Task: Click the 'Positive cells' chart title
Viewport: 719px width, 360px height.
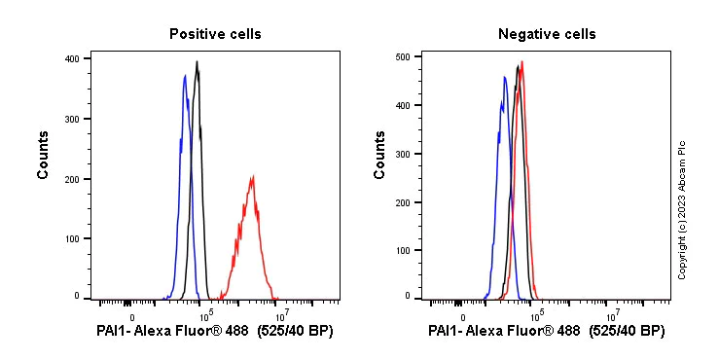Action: pos(215,34)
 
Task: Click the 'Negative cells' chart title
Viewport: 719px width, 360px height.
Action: pos(547,34)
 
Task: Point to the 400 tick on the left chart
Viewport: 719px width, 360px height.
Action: pos(72,58)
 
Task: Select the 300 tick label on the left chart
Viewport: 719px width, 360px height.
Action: pos(72,119)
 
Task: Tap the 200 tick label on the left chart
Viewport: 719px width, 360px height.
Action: pos(72,179)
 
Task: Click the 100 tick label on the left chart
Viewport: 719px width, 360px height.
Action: pos(72,238)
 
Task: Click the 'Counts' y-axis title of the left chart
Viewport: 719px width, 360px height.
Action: pos(44,154)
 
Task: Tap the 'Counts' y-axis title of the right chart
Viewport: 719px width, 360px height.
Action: pos(380,154)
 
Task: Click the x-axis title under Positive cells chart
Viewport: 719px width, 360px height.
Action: pos(215,332)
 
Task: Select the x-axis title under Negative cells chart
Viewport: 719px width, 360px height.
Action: pos(547,332)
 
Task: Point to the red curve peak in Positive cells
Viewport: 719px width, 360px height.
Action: pos(253,177)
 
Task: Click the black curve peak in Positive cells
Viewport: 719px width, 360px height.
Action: pos(197,62)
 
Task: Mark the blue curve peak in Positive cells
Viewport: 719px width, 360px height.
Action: pos(185,75)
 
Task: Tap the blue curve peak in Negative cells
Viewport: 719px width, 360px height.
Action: pos(505,77)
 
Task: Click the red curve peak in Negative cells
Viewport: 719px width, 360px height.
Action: pos(522,62)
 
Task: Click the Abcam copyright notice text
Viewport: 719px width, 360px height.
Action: pos(682,209)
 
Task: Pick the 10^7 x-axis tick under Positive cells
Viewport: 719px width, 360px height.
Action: pos(280,314)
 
